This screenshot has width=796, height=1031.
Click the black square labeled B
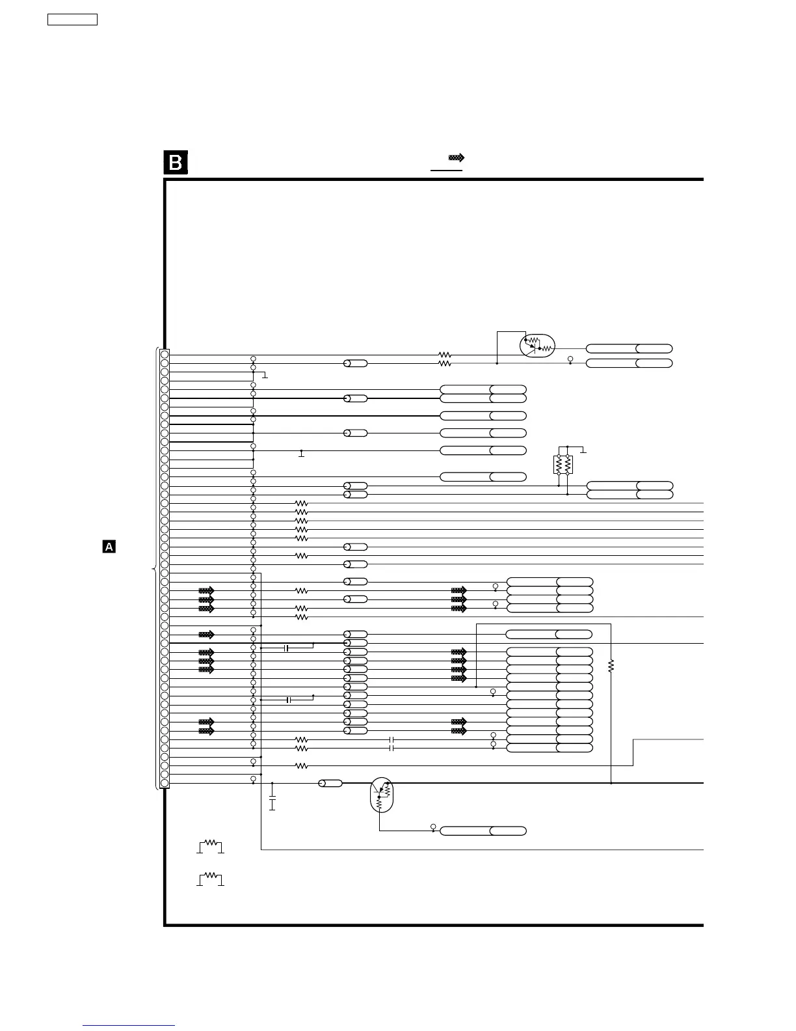(x=176, y=163)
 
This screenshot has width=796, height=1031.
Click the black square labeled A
(x=109, y=547)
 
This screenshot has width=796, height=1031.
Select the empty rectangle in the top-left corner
(x=73, y=20)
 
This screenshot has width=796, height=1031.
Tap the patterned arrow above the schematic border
(x=457, y=158)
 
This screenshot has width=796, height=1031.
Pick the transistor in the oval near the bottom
(x=381, y=795)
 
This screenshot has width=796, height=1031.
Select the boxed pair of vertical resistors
(x=563, y=465)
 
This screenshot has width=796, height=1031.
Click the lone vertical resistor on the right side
(x=611, y=666)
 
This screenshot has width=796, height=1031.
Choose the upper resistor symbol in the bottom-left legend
(x=210, y=845)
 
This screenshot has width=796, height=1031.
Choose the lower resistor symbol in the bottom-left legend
(x=210, y=878)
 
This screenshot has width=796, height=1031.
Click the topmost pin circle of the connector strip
(x=165, y=354)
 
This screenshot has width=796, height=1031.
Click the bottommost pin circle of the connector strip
(x=165, y=784)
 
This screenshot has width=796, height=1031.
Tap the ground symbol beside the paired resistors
(x=583, y=450)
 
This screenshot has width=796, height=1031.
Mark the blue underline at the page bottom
(x=129, y=1026)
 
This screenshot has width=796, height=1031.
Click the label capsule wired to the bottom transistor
(x=483, y=831)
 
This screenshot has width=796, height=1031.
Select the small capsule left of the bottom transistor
(x=330, y=784)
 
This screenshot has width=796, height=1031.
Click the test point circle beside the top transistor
(x=570, y=360)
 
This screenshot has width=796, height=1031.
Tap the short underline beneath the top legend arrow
(x=446, y=171)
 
